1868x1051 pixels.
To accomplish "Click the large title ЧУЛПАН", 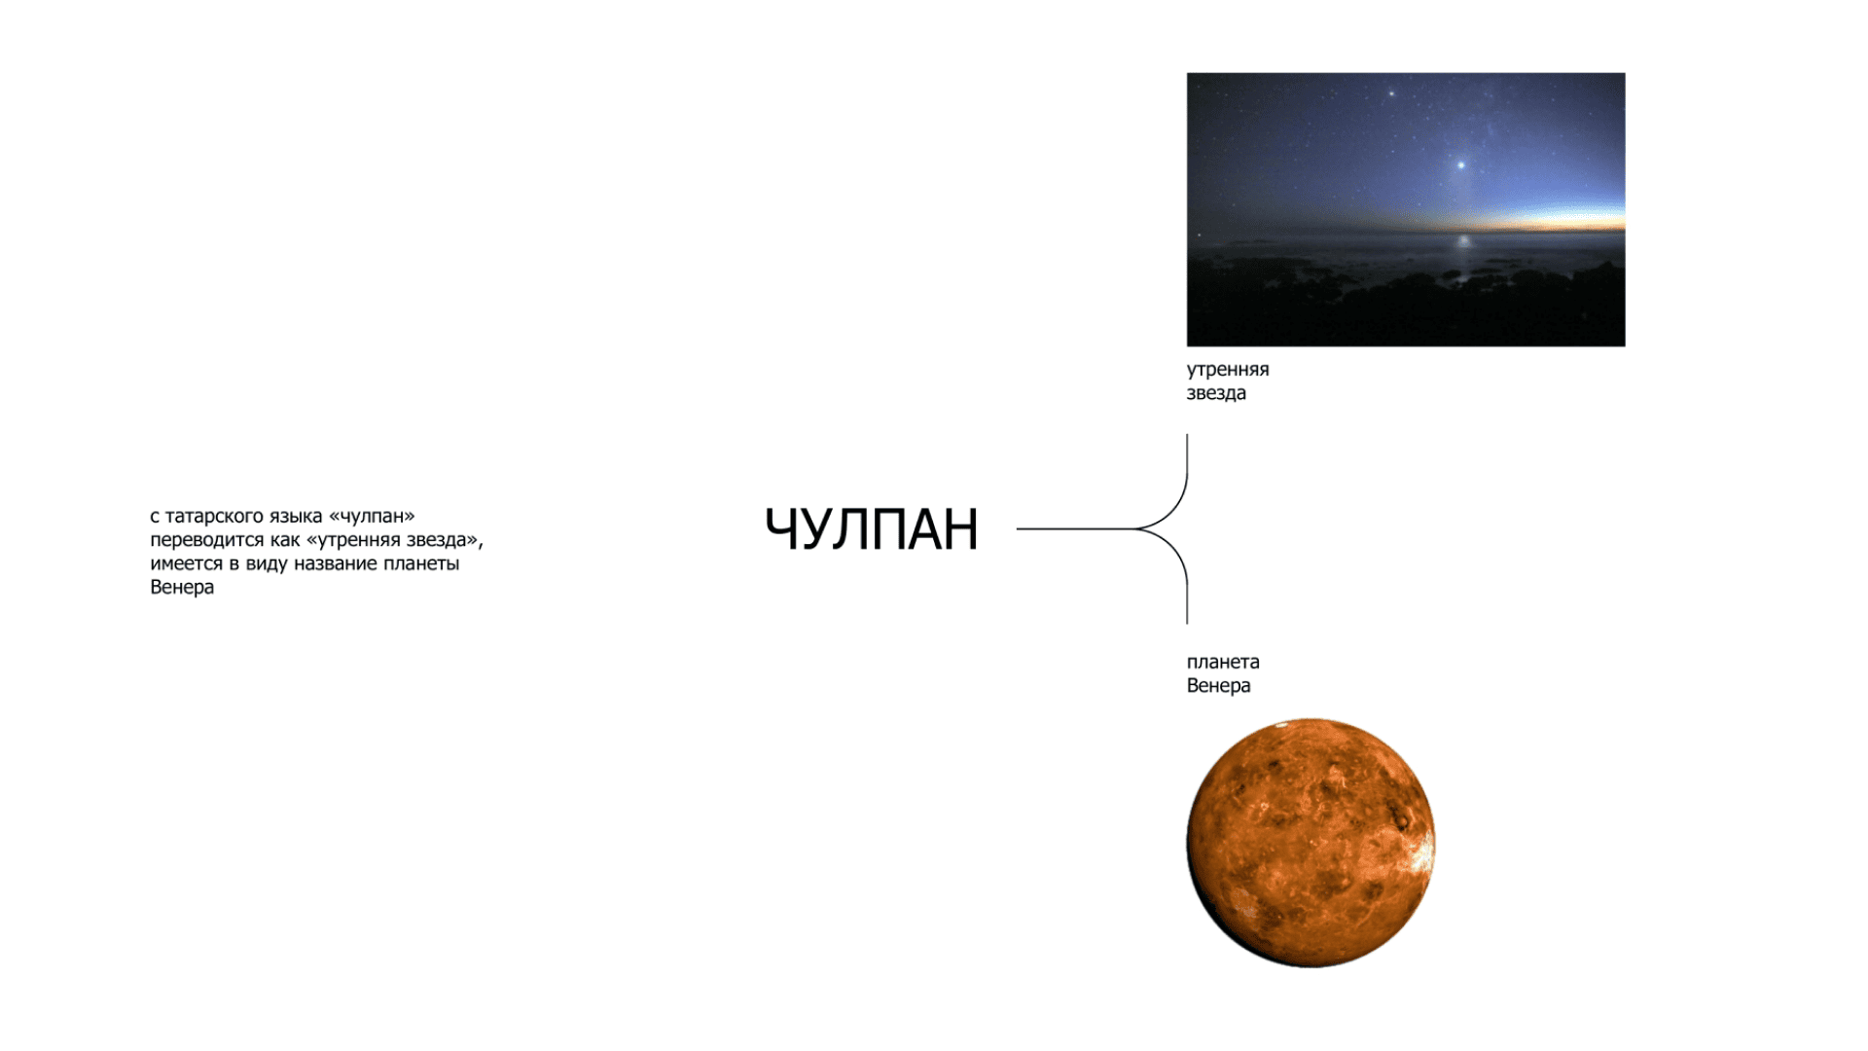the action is coord(871,529).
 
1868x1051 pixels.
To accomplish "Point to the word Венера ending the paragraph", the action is coord(182,587).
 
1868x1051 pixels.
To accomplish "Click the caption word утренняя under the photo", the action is coord(1228,370).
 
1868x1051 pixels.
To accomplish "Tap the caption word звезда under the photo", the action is coord(1216,393).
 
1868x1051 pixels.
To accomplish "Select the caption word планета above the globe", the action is coord(1223,662).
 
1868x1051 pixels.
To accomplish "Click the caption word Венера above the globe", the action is coord(1218,685).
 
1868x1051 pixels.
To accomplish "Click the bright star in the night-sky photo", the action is coord(1460,165).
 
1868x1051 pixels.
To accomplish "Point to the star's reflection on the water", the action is coord(1460,240).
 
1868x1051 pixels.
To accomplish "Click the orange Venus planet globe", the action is coord(1311,843).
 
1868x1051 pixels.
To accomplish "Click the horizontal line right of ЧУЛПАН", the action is coord(1076,529).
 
